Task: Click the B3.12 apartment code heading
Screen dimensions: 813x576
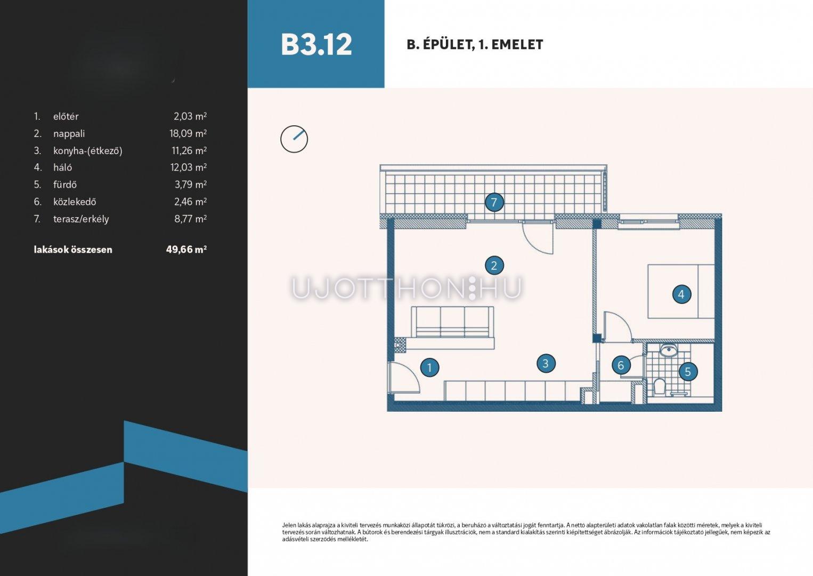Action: click(x=316, y=45)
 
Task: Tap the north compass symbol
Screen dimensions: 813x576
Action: click(x=294, y=139)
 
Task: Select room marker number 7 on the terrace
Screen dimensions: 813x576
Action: click(x=494, y=202)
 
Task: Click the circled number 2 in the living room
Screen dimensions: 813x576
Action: click(x=494, y=266)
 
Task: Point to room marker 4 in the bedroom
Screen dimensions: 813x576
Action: click(x=681, y=294)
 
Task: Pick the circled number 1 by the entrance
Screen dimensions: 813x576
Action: click(x=430, y=367)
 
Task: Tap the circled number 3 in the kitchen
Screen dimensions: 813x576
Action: click(x=546, y=363)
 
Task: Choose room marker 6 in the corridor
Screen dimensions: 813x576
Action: click(x=621, y=365)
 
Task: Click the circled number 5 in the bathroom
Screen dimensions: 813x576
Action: click(x=687, y=371)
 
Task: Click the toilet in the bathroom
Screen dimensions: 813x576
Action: click(x=658, y=387)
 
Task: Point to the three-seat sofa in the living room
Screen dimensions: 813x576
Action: click(x=453, y=322)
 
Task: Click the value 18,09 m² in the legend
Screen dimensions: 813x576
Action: click(x=188, y=133)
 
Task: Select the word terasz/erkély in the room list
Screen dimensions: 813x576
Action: click(x=81, y=219)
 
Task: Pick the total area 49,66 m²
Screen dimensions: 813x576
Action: click(x=186, y=249)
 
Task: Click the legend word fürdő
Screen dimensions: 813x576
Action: click(x=65, y=185)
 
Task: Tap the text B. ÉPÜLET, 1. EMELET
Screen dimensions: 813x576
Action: click(x=475, y=45)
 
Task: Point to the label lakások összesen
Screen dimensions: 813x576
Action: click(x=73, y=250)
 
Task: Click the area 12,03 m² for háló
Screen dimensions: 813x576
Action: click(x=189, y=167)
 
